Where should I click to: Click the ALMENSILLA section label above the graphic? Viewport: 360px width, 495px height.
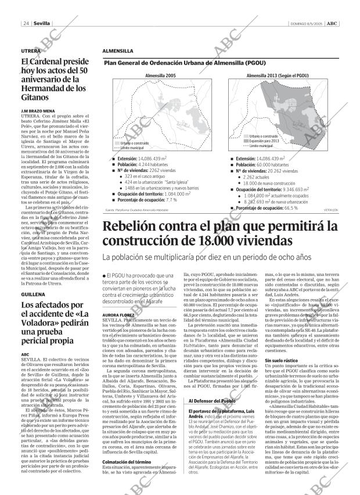coord(118,51)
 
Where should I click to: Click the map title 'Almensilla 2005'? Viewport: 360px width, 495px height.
coord(160,76)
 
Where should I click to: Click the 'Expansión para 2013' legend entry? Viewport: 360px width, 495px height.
coord(264,141)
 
